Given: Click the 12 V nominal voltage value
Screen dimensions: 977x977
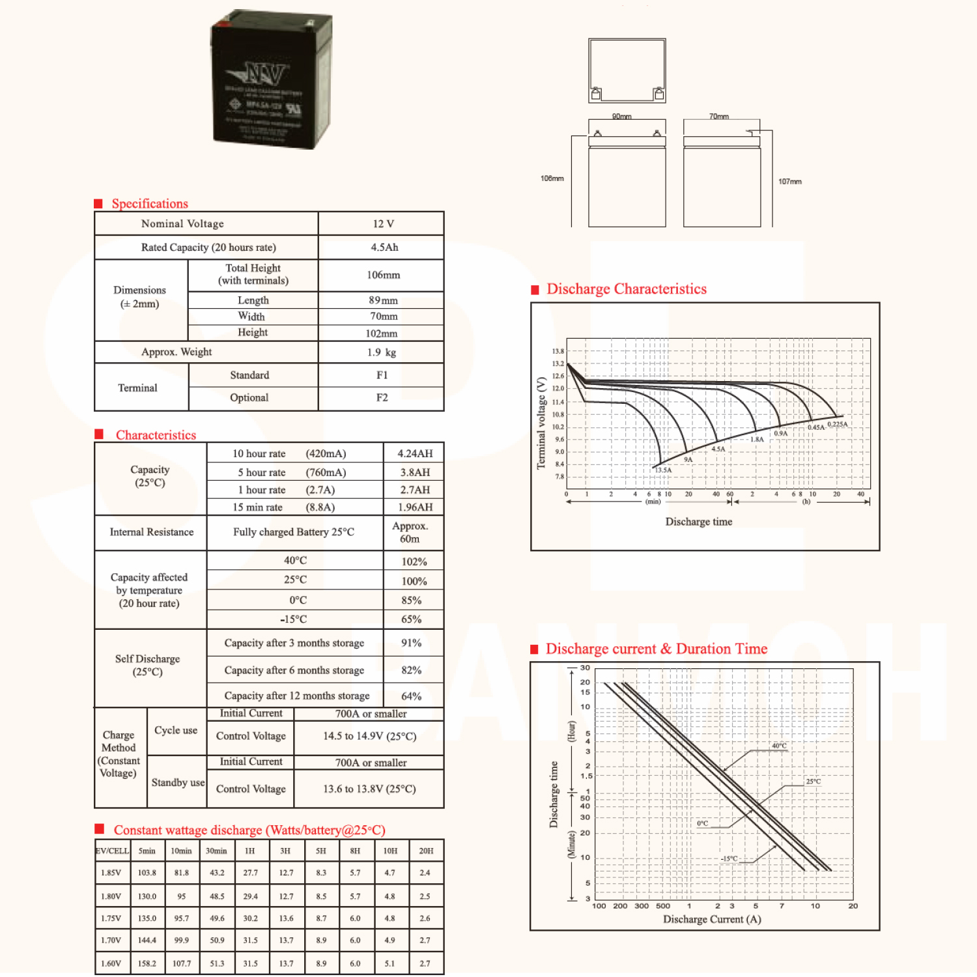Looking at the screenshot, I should [x=383, y=223].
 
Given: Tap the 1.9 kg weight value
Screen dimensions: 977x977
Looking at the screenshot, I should [x=382, y=352].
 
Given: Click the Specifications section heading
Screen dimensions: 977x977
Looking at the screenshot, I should [x=150, y=204].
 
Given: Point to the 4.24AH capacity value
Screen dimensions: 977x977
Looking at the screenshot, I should [x=415, y=453].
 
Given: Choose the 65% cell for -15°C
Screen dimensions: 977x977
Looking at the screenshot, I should [x=411, y=619].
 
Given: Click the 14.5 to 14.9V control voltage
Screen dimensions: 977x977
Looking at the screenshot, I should [x=369, y=736].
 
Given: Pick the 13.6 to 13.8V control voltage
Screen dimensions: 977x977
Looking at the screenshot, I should [x=369, y=789].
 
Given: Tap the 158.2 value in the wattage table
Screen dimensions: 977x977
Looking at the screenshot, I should [x=147, y=963].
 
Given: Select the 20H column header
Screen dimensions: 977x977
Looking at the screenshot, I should [x=426, y=851].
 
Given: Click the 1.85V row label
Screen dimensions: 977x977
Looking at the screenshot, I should [x=111, y=873].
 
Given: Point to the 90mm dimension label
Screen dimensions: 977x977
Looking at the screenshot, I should [x=621, y=117].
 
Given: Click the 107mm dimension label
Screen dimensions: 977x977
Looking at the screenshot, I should [x=789, y=182].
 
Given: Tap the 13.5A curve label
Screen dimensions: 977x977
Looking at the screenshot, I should [x=663, y=470].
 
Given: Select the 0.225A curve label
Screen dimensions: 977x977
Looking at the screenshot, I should [x=838, y=424].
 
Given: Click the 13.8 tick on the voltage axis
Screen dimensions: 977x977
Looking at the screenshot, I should [x=558, y=351].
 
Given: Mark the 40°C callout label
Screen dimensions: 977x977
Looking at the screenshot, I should [x=779, y=746].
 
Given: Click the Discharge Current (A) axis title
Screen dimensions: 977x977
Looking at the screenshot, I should [x=712, y=919].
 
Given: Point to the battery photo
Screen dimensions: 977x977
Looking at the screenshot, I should [x=272, y=79].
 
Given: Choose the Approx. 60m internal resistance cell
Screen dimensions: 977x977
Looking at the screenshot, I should [x=410, y=532].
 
